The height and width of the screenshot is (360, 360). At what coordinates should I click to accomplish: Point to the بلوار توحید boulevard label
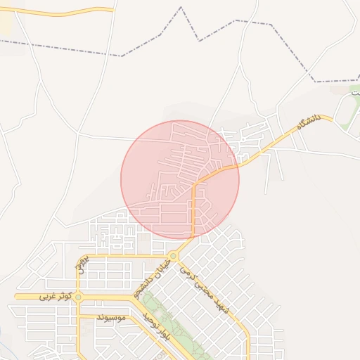coord(155,329)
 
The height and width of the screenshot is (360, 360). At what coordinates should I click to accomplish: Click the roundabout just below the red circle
coord(173,255)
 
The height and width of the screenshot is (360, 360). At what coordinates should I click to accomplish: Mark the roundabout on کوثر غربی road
coord(78,297)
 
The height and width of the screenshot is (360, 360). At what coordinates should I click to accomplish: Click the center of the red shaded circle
coord(180,180)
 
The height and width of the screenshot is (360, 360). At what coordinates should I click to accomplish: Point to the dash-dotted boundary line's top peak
coord(181,8)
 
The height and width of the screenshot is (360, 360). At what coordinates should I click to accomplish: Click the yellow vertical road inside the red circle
coord(193,211)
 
